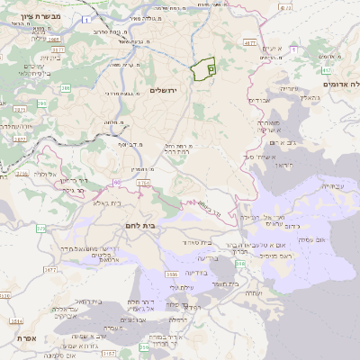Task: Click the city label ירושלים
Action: pos(166,90)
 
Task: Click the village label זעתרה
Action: pos(252,293)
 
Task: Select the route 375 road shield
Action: pos(40,229)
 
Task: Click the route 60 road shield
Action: pos(117,183)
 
